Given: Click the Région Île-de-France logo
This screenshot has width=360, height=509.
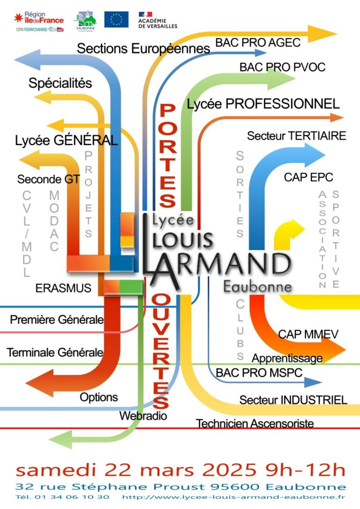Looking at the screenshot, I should click(x=39, y=20).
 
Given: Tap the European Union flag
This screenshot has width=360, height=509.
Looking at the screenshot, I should click(x=116, y=20).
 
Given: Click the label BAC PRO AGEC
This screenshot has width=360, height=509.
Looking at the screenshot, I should click(x=257, y=43).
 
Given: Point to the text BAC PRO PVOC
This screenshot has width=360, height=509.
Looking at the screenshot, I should click(x=282, y=67).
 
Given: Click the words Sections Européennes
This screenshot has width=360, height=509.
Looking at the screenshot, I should click(x=143, y=48).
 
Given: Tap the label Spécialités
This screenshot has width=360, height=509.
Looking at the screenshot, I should click(x=60, y=83).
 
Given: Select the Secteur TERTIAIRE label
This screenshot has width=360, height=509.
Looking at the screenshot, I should click(x=296, y=136).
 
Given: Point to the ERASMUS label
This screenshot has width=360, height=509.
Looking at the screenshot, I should click(x=63, y=288).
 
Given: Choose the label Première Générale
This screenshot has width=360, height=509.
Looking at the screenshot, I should click(x=56, y=320).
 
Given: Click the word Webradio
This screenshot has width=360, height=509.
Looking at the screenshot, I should click(x=143, y=415).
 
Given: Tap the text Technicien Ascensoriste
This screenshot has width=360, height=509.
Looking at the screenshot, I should click(x=255, y=424).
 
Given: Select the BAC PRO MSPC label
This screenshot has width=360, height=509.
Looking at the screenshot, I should click(x=259, y=373).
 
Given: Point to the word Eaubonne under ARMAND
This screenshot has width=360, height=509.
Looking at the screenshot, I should click(x=257, y=286).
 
